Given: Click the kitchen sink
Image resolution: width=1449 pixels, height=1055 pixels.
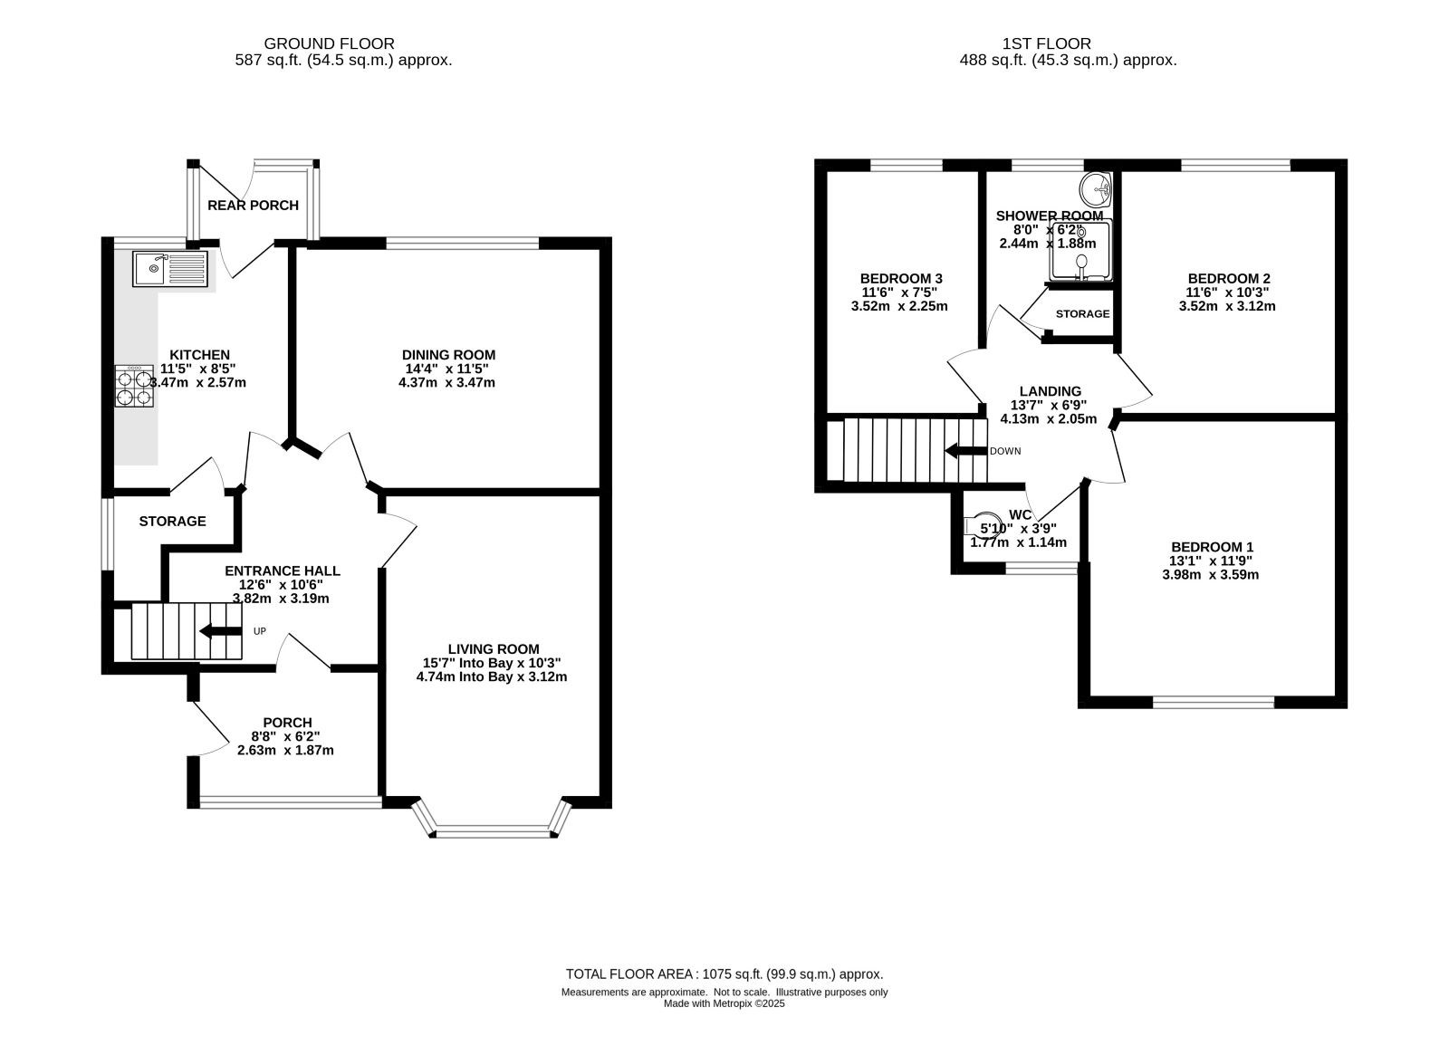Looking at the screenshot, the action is click(x=171, y=269).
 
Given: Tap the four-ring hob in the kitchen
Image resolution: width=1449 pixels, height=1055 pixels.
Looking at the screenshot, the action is click(x=135, y=386).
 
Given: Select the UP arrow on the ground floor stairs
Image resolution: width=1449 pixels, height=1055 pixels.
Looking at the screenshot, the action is click(x=221, y=631).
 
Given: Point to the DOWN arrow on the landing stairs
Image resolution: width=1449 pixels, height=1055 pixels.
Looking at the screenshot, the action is click(x=966, y=451).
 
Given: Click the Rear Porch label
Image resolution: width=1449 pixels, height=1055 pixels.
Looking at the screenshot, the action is click(x=253, y=206).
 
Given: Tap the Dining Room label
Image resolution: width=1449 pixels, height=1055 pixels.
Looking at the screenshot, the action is click(x=448, y=355).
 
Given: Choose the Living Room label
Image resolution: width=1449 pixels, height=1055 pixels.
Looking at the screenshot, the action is click(x=494, y=649).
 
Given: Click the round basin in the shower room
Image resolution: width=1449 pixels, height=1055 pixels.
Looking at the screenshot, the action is click(x=1096, y=189).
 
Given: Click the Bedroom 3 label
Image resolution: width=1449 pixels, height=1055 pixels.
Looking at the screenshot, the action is click(x=901, y=279).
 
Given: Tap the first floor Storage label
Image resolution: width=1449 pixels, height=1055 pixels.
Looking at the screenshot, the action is click(x=1082, y=313).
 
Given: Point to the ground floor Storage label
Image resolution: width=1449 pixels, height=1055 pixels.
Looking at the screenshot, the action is click(x=172, y=522).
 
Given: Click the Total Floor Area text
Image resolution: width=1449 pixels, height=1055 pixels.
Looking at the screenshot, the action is click(x=724, y=974).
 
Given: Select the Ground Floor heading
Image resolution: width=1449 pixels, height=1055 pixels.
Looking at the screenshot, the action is click(x=330, y=44).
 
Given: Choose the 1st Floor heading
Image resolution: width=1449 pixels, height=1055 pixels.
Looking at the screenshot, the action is click(x=1047, y=44).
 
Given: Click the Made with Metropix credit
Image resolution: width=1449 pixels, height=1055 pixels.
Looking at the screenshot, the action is click(x=724, y=1004).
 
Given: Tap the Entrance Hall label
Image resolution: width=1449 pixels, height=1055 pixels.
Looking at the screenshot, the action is click(x=282, y=571).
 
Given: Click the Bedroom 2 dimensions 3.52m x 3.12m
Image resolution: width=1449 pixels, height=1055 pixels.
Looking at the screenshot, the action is click(x=1227, y=307).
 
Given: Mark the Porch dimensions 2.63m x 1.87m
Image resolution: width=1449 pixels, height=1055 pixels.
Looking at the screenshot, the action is click(x=285, y=751).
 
